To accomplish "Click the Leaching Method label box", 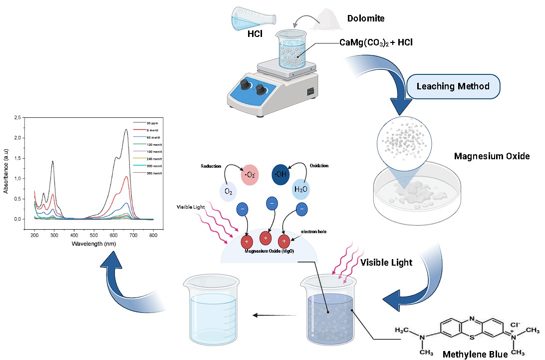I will tap(453, 86).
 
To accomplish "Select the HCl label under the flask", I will tap(255, 34).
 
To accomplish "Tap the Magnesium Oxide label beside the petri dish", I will tap(492, 156).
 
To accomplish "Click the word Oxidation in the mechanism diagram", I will tap(319, 165).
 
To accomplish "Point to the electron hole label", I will tap(314, 232).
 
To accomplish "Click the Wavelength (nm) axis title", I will tap(93, 244).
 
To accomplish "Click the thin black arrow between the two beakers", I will tap(272, 315).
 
